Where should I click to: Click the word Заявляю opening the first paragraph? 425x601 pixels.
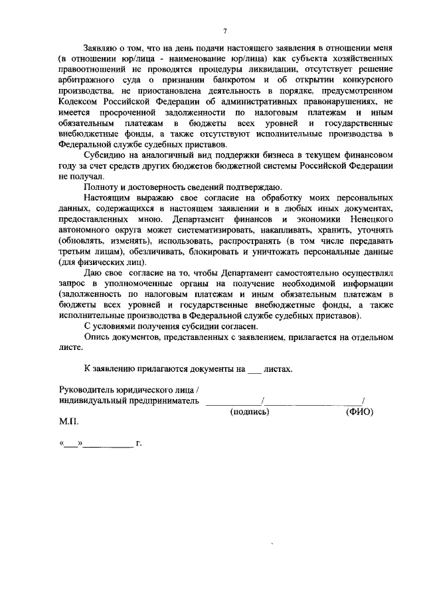[x=101, y=49]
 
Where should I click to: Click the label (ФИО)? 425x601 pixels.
[x=360, y=412]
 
